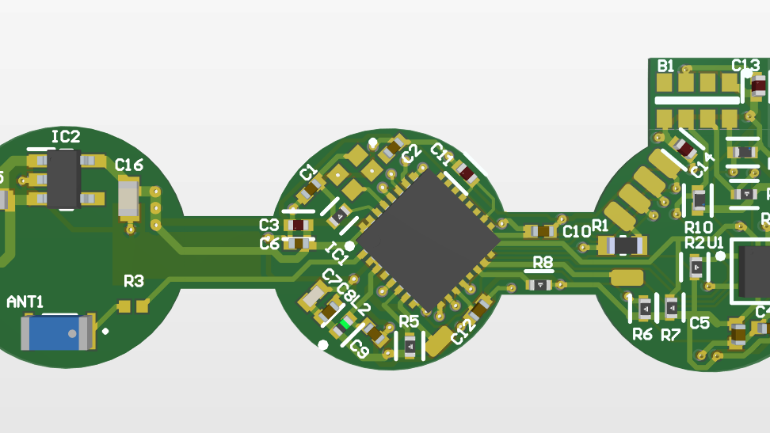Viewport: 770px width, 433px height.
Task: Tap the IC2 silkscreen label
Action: (x=66, y=137)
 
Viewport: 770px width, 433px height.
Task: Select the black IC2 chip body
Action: (x=63, y=179)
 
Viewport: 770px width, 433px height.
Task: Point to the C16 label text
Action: (x=129, y=165)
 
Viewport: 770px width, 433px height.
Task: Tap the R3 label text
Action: (x=134, y=281)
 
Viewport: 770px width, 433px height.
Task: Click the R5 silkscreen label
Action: (x=409, y=321)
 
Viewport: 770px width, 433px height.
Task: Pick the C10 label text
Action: (x=577, y=231)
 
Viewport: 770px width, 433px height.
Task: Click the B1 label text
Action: (x=666, y=66)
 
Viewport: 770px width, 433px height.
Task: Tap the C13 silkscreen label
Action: (x=745, y=65)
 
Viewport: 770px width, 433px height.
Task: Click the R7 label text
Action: (x=671, y=335)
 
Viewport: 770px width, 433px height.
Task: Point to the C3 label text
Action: (x=269, y=225)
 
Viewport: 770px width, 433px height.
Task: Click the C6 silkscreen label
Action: (x=269, y=244)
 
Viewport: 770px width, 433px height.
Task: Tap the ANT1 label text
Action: (x=25, y=302)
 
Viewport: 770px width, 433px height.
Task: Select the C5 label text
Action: (x=699, y=323)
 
